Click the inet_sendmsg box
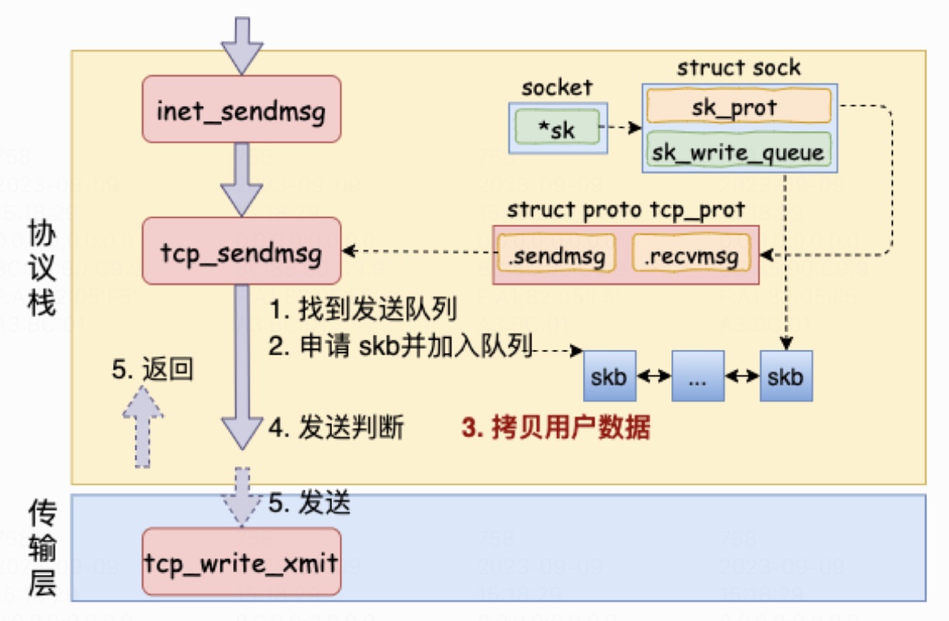241,109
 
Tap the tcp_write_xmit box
241,561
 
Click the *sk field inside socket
558,128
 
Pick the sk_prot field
738,106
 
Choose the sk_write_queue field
738,150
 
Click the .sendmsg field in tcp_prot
557,253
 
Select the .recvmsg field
690,253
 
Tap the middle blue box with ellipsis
698,376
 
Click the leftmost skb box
609,376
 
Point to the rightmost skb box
786,376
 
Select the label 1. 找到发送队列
362,310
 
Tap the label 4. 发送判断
336,428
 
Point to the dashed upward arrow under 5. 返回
143,427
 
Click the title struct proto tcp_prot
625,210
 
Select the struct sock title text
738,68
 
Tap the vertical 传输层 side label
43,548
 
